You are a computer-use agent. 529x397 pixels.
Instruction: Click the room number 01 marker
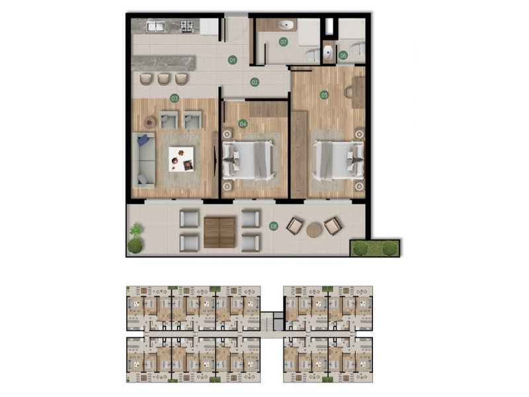click(232, 60)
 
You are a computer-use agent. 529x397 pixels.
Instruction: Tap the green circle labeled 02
click(255, 82)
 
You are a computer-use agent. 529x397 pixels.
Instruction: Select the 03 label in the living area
click(175, 98)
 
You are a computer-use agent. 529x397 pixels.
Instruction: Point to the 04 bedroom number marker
click(243, 123)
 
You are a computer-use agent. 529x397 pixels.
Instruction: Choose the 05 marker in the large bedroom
click(324, 95)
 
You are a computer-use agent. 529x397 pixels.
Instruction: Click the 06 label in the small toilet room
click(343, 56)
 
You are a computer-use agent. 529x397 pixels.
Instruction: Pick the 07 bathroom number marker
click(283, 42)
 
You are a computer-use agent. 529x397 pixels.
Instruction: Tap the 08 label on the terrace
click(274, 227)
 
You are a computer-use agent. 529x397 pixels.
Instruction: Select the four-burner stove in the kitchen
click(187, 26)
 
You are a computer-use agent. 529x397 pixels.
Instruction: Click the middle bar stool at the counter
click(163, 78)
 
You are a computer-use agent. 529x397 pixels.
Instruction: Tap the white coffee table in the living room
click(181, 158)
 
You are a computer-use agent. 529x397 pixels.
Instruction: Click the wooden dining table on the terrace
click(220, 232)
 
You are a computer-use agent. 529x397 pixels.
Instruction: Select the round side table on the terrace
click(314, 229)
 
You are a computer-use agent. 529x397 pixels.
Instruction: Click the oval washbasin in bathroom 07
click(287, 26)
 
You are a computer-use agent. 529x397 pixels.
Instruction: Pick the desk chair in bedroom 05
click(349, 92)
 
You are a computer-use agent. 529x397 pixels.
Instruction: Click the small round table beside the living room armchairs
click(150, 122)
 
